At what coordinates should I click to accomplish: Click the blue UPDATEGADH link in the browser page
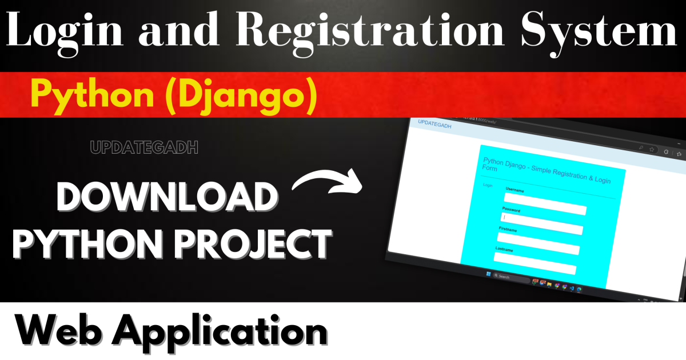[x=434, y=124]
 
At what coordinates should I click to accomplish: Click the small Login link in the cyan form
[x=488, y=185]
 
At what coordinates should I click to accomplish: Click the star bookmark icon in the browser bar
[x=651, y=149]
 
